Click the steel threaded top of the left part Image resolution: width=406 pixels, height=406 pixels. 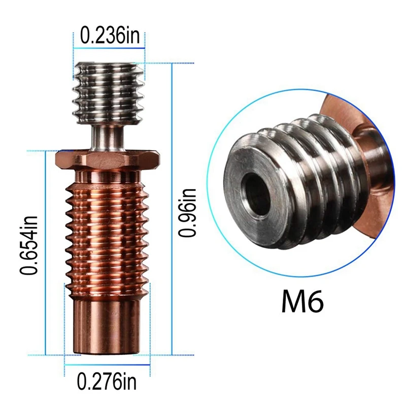click(x=108, y=91)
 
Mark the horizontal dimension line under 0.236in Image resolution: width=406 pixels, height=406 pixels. click(x=109, y=49)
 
